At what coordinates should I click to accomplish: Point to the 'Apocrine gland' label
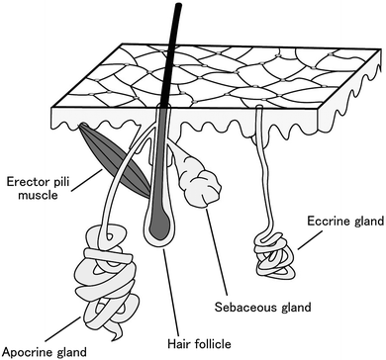point(44,350)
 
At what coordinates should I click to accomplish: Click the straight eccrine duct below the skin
point(266,188)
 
